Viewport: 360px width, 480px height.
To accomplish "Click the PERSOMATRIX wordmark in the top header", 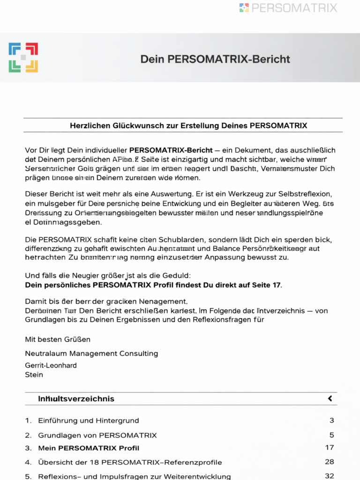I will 294,8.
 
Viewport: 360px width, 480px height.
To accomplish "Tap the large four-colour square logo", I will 23,58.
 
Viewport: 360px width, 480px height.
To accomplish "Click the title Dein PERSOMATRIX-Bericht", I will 215,59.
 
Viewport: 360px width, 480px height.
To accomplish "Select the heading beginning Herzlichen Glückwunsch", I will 188,126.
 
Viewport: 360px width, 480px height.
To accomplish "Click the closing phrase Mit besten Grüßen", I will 58,339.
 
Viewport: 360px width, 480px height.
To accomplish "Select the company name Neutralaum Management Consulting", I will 91,353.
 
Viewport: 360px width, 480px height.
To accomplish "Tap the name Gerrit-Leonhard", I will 51,365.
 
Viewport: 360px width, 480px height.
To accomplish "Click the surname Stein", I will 34,375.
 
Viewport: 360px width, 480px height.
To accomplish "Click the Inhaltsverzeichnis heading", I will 76,399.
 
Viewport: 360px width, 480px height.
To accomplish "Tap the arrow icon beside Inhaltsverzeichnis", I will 330,398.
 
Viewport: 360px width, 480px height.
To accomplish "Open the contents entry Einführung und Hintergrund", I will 88,420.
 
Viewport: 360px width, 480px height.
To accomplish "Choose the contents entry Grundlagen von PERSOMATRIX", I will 97,435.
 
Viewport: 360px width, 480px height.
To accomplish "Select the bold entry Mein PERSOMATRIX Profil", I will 89,448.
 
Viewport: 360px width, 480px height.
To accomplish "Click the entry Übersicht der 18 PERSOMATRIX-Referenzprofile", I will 130,462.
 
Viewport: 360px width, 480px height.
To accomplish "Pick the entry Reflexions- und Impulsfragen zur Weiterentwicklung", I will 134,476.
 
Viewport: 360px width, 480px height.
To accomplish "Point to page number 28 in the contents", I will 329,462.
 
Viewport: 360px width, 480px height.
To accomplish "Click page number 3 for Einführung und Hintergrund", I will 331,420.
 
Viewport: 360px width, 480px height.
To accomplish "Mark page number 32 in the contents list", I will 329,476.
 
